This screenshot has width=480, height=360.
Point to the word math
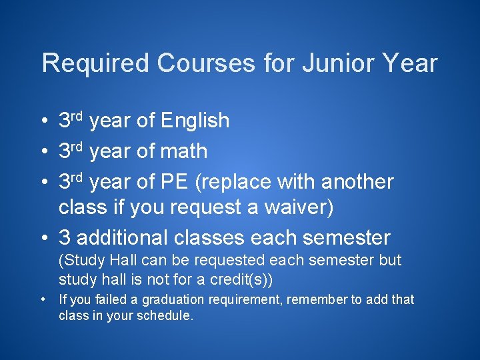(183, 152)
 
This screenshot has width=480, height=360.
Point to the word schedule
(166, 316)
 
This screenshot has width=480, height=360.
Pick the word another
(357, 182)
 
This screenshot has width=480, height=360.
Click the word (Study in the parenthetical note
(77, 260)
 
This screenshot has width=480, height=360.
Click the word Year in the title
(413, 64)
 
